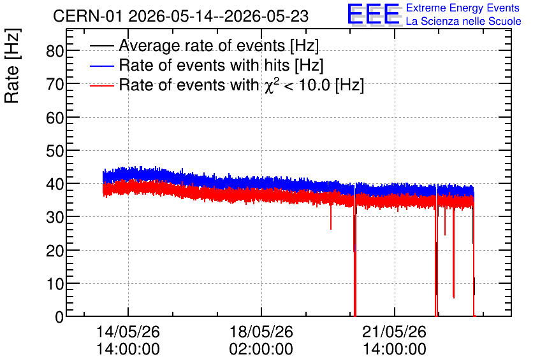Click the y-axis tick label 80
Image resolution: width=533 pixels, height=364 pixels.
(x=55, y=51)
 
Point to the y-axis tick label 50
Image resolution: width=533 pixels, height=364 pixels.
(x=55, y=151)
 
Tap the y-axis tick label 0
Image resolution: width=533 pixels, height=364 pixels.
(x=59, y=317)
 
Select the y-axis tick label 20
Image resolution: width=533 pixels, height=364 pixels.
(x=55, y=251)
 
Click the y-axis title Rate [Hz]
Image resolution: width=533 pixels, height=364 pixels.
(x=12, y=66)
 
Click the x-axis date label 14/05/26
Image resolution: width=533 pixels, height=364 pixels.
(x=128, y=332)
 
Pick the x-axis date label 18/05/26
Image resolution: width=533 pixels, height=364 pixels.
(x=261, y=332)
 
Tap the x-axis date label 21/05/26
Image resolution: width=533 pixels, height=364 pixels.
(x=394, y=332)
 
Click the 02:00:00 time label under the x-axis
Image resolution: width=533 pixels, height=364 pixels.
(x=261, y=349)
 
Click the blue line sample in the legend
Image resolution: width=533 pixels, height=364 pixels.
(x=101, y=66)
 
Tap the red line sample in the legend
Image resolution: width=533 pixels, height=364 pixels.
(x=101, y=85)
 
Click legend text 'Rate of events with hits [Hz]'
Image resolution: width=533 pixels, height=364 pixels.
(x=221, y=65)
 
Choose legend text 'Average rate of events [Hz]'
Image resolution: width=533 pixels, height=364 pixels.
(x=219, y=45)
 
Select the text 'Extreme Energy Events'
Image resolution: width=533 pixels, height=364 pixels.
(x=463, y=8)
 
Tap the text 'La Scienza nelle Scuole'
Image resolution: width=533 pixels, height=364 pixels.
(x=464, y=22)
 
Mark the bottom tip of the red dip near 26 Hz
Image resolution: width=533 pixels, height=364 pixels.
(x=331, y=229)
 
